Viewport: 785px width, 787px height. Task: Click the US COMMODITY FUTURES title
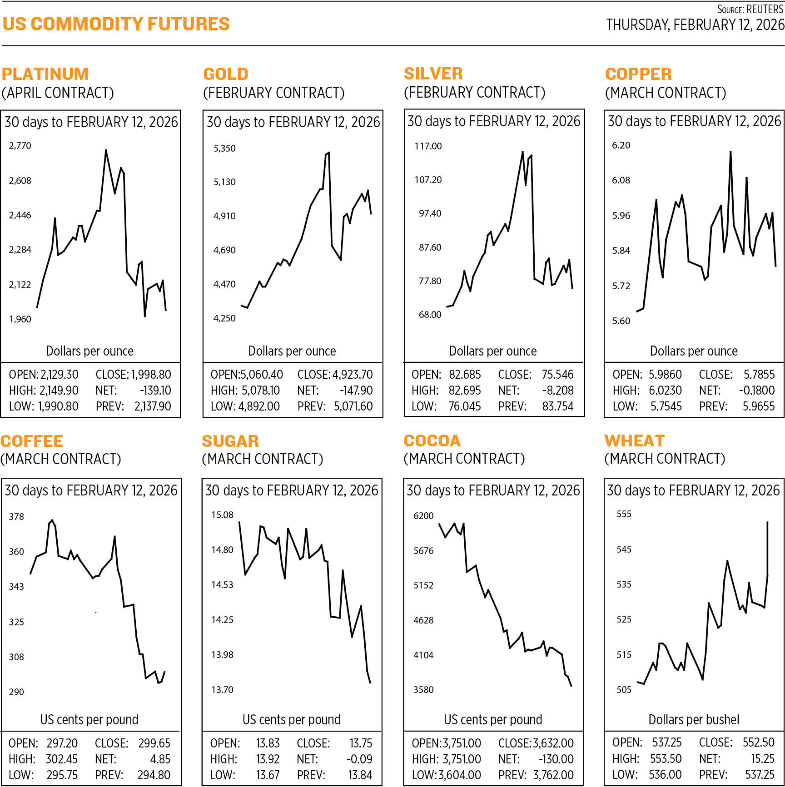tap(116, 24)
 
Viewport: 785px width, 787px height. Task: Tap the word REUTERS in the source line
tap(765, 9)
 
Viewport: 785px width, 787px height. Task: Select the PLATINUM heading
tap(45, 74)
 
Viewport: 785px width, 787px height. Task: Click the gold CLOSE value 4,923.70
tap(353, 375)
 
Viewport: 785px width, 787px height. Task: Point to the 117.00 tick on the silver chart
tap(428, 146)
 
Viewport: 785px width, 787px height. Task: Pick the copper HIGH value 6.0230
tap(666, 391)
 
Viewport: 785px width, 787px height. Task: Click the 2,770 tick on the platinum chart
tap(20, 146)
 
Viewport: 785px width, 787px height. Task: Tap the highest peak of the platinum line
tap(106, 150)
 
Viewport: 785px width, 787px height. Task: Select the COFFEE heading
tap(32, 441)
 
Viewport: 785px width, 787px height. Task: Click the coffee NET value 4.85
tap(160, 759)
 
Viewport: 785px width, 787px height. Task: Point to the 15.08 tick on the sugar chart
tap(222, 515)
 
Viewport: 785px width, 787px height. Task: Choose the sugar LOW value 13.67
tap(268, 775)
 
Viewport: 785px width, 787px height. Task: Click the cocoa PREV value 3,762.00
tap(553, 775)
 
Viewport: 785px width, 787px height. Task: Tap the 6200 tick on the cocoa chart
tap(423, 516)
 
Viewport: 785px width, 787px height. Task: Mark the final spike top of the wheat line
tap(768, 522)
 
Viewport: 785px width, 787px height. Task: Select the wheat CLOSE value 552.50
tap(758, 742)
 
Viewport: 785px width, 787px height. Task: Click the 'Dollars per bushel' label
tap(694, 720)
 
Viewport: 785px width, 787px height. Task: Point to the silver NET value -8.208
tap(558, 391)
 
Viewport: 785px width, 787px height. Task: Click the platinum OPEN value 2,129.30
tap(60, 375)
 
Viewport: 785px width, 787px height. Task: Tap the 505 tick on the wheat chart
tap(624, 690)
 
